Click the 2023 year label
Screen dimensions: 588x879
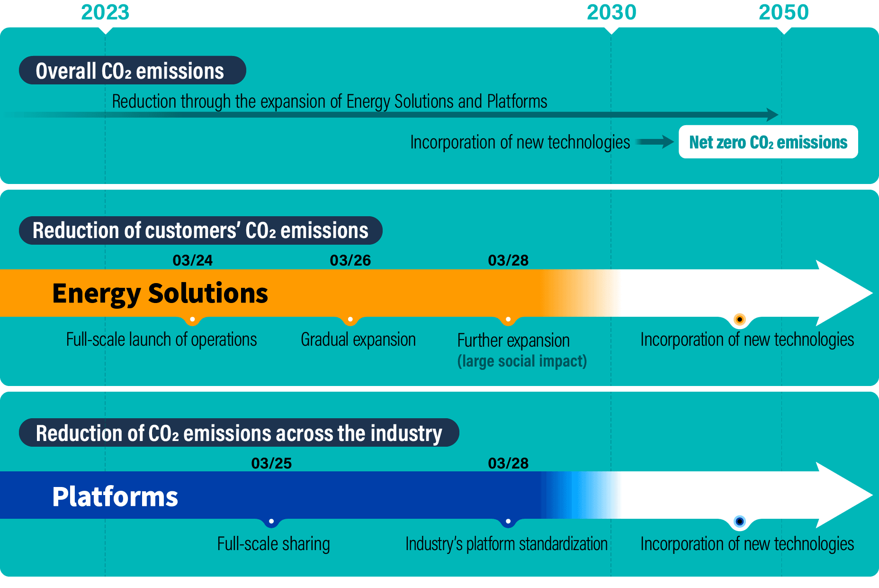coord(105,12)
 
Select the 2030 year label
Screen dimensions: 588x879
coord(611,12)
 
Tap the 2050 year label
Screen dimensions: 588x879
coord(783,12)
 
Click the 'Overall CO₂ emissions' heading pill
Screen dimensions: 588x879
coord(132,71)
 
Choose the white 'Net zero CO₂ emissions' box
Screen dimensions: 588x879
coord(768,142)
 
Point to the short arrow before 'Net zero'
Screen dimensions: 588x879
coord(655,142)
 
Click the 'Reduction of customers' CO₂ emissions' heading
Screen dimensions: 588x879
coord(200,230)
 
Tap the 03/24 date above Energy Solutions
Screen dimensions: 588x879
coord(192,260)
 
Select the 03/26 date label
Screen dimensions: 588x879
coord(350,260)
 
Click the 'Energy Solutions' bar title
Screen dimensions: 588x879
coord(160,293)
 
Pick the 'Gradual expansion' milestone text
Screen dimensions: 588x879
coord(358,340)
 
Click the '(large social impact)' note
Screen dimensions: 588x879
coord(522,361)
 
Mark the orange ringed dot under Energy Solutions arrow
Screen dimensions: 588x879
coord(739,319)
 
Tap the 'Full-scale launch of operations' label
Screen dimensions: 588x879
coord(161,340)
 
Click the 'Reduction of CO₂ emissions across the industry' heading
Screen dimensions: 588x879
coord(239,433)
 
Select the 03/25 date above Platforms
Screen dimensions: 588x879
coord(271,463)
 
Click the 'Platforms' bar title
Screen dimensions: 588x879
coord(115,496)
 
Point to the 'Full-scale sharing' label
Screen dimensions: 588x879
coord(273,544)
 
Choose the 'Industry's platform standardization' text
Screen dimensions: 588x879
coord(506,544)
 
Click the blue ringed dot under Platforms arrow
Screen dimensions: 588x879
coord(739,522)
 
